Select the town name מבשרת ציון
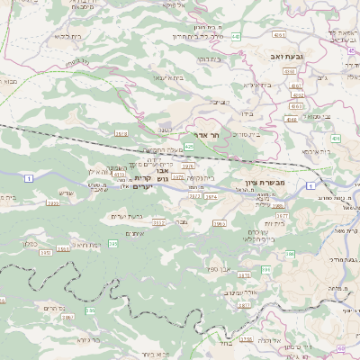tap(264, 183)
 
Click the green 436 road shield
tap(336, 138)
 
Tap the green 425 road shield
tap(190, 144)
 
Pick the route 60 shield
tap(340, 347)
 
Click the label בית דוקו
tap(209, 58)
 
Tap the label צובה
tap(182, 220)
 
